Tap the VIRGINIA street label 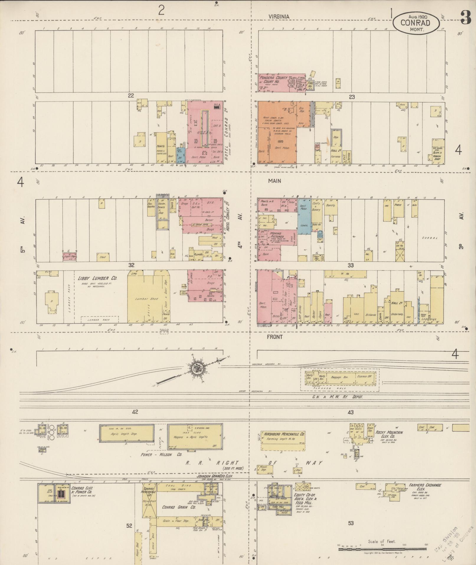click(x=279, y=17)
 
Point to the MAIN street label click(x=274, y=181)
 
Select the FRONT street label click(x=275, y=337)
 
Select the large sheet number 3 click(x=466, y=18)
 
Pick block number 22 click(x=131, y=95)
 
